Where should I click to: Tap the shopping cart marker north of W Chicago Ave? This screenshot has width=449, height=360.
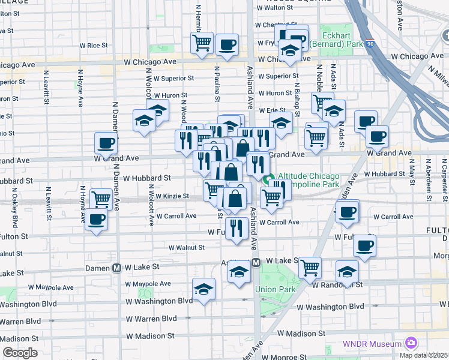202,43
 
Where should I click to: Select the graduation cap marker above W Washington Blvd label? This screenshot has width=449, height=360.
203,289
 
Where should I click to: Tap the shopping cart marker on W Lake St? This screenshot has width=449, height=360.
310,268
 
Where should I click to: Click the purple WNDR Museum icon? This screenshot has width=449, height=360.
411,343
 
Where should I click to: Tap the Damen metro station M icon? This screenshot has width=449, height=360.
116,268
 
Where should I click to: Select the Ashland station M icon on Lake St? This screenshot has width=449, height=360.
256,262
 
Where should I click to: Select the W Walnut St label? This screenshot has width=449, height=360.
186,247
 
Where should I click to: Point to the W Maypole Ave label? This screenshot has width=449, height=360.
148,284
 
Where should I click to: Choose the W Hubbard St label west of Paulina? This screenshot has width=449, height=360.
147,178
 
